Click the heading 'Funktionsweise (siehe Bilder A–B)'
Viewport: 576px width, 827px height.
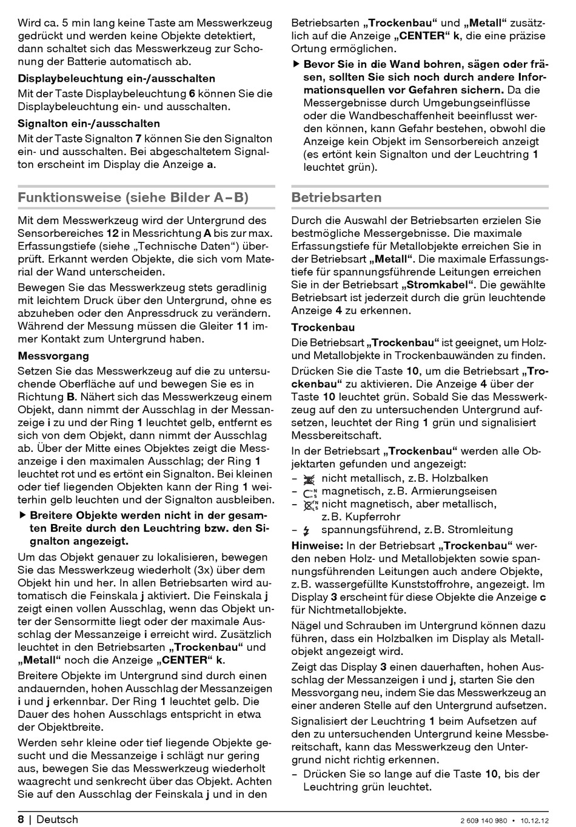tap(133, 198)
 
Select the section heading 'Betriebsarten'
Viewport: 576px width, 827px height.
tap(337, 198)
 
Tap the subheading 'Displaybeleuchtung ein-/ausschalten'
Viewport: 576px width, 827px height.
tap(116, 78)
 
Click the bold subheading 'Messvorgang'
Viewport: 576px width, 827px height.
tap(53, 356)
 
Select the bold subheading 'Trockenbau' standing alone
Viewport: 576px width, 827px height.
tap(323, 327)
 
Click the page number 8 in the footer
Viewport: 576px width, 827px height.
tap(21, 820)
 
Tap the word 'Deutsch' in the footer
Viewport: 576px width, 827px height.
tap(58, 820)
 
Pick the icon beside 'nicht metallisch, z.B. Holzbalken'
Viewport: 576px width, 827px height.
tap(309, 479)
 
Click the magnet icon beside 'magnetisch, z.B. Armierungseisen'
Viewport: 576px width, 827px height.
tap(310, 491)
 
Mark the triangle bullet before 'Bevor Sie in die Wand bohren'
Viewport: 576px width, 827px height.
tap(296, 64)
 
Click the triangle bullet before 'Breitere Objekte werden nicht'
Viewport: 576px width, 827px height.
tap(22, 516)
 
